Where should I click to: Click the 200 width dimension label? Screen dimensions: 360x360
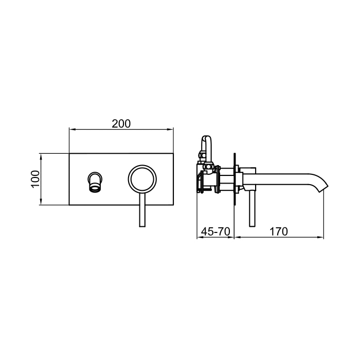click(121, 124)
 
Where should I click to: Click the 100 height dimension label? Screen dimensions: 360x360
click(35, 179)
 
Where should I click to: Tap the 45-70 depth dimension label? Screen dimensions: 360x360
click(215, 231)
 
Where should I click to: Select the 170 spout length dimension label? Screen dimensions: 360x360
click(278, 231)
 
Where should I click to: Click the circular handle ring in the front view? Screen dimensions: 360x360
click(128, 178)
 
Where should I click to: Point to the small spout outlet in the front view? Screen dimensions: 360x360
click(95, 182)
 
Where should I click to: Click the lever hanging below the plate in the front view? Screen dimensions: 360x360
click(142, 209)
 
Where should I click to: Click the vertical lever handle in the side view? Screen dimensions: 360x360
click(253, 208)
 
